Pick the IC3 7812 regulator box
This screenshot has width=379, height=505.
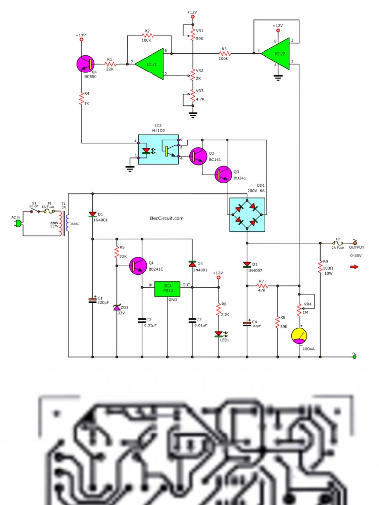[167, 289]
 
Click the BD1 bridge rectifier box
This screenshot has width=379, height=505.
[247, 215]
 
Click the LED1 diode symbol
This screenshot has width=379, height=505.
[218, 334]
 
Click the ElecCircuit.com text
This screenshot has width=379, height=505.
[166, 218]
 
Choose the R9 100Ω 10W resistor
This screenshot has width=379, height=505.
[320, 267]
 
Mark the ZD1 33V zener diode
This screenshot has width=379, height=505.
[117, 308]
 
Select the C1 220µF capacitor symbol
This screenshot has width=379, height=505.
[92, 300]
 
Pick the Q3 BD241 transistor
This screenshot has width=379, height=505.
[223, 174]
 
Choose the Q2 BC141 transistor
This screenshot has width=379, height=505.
[198, 156]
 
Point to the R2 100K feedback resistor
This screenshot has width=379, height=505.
[147, 36]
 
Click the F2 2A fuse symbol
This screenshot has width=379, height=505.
[339, 243]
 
